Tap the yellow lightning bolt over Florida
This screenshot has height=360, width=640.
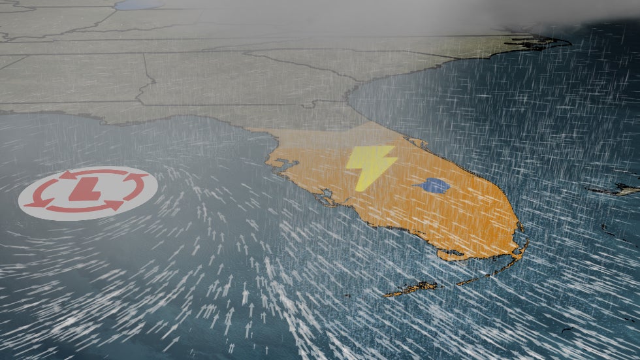[x=370, y=167]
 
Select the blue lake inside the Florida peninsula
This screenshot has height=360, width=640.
[x=432, y=186]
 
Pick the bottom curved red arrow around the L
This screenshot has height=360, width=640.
[x=85, y=207]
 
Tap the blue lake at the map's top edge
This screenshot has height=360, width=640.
[x=138, y=5]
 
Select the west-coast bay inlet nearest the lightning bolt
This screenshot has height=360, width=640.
[x=325, y=194]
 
